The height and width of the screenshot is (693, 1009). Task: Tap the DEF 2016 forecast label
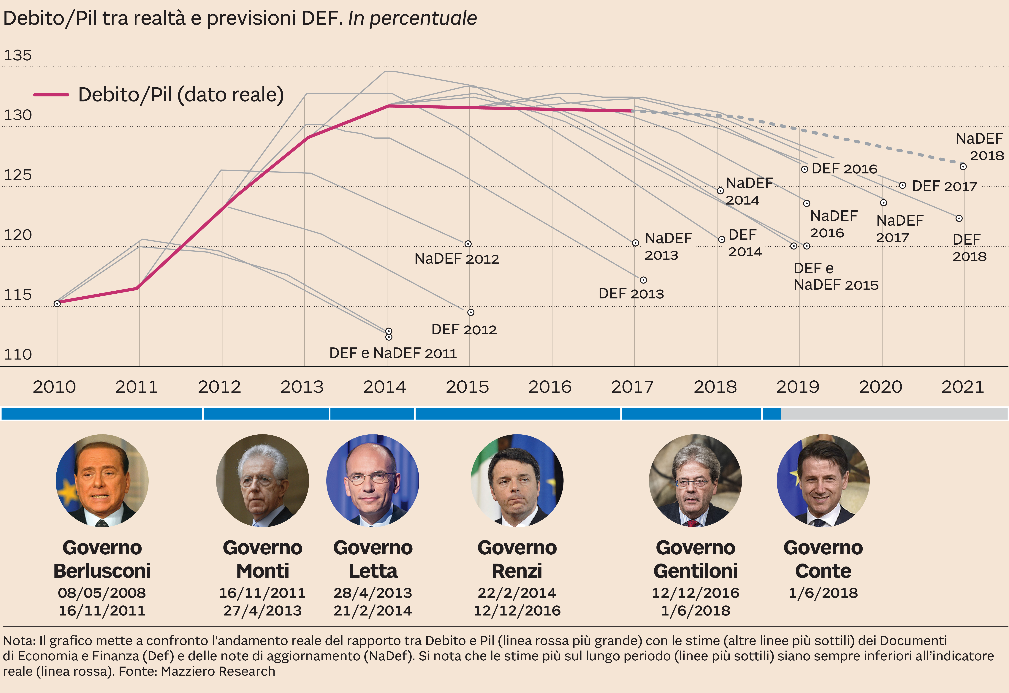tap(844, 168)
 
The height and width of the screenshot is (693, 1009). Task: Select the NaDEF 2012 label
tap(457, 259)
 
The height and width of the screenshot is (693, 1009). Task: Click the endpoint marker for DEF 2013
tap(643, 280)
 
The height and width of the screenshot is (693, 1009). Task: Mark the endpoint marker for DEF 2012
tap(471, 312)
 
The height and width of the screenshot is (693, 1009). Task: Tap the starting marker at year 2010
tap(57, 303)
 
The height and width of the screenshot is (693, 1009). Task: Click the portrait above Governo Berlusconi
tap(102, 481)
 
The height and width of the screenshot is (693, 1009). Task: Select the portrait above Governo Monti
tap(263, 481)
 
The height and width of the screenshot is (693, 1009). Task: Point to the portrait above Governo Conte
tap(823, 481)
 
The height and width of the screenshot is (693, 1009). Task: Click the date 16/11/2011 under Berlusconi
tap(102, 610)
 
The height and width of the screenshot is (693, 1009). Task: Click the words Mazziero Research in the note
tap(218, 671)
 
